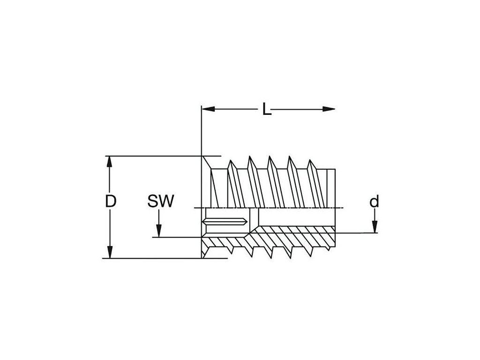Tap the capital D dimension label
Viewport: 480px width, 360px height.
click(x=111, y=202)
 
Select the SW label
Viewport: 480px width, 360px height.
click(x=161, y=202)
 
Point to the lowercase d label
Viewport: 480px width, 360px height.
click(x=374, y=202)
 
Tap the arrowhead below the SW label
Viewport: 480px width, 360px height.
click(x=159, y=232)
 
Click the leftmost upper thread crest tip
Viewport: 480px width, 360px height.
click(x=231, y=162)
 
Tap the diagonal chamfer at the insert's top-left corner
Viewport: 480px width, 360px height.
click(x=206, y=163)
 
